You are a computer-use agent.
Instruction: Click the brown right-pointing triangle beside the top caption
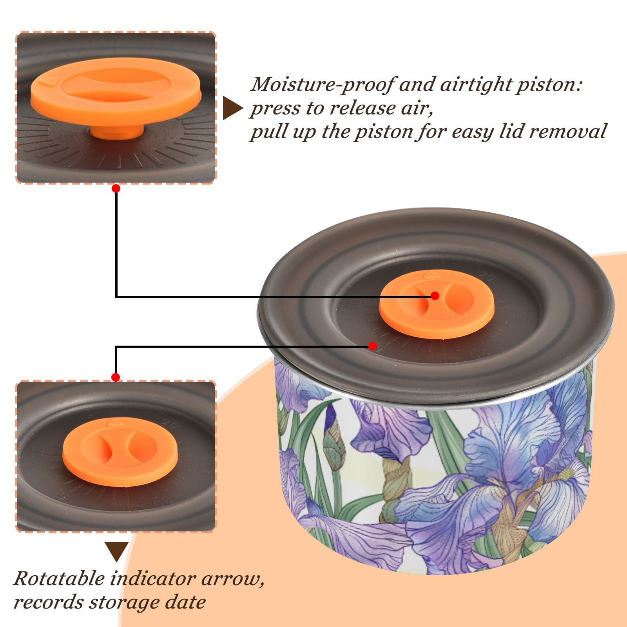(232, 108)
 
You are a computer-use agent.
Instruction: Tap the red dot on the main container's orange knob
(435, 296)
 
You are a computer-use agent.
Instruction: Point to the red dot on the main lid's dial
(373, 346)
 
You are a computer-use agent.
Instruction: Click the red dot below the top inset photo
(116, 188)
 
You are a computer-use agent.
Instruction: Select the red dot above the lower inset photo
(116, 377)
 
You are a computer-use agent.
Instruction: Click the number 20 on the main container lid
(487, 277)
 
